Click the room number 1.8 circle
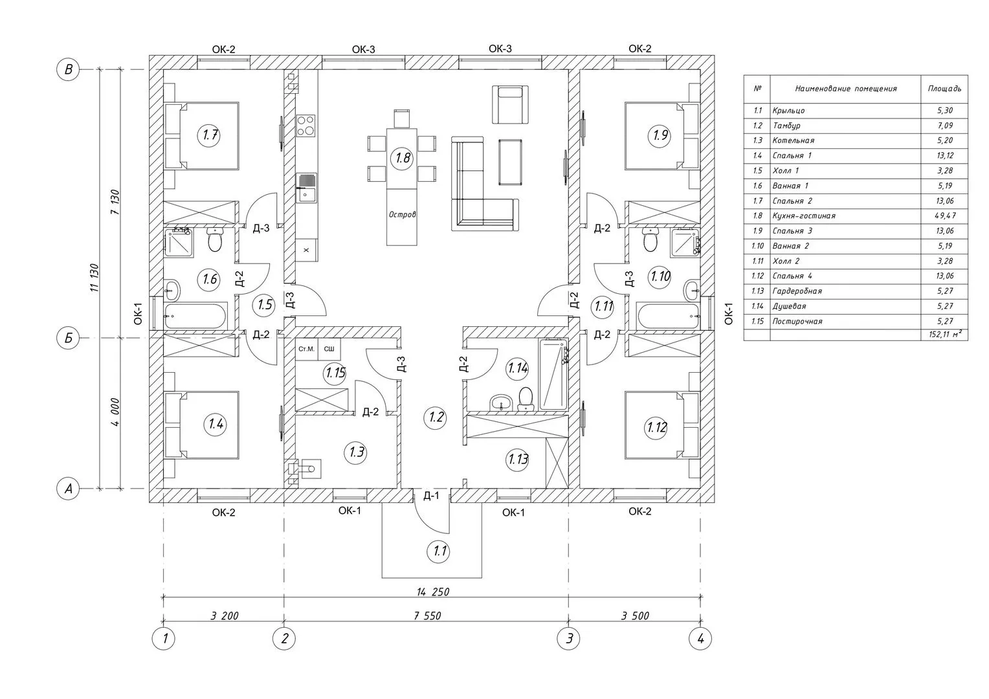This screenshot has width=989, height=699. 402,158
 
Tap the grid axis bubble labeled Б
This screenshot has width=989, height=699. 69,338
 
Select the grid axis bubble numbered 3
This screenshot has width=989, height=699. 569,638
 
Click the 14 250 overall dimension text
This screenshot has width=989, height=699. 432,592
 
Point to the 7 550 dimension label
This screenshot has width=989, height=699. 427,616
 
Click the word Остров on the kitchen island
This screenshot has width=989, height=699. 402,215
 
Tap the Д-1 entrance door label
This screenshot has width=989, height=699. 431,495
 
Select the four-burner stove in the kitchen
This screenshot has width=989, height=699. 306,126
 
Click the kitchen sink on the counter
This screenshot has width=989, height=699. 306,188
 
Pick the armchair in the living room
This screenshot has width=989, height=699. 510,105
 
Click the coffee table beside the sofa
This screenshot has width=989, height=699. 511,162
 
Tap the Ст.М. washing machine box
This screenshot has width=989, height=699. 306,349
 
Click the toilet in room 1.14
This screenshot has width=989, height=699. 526,398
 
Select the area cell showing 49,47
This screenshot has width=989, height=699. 945,216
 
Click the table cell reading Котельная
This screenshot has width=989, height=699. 794,140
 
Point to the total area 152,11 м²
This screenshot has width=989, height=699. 945,334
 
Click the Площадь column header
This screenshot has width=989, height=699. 944,89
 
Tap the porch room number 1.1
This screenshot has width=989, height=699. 438,551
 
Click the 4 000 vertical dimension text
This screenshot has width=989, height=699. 115,412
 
